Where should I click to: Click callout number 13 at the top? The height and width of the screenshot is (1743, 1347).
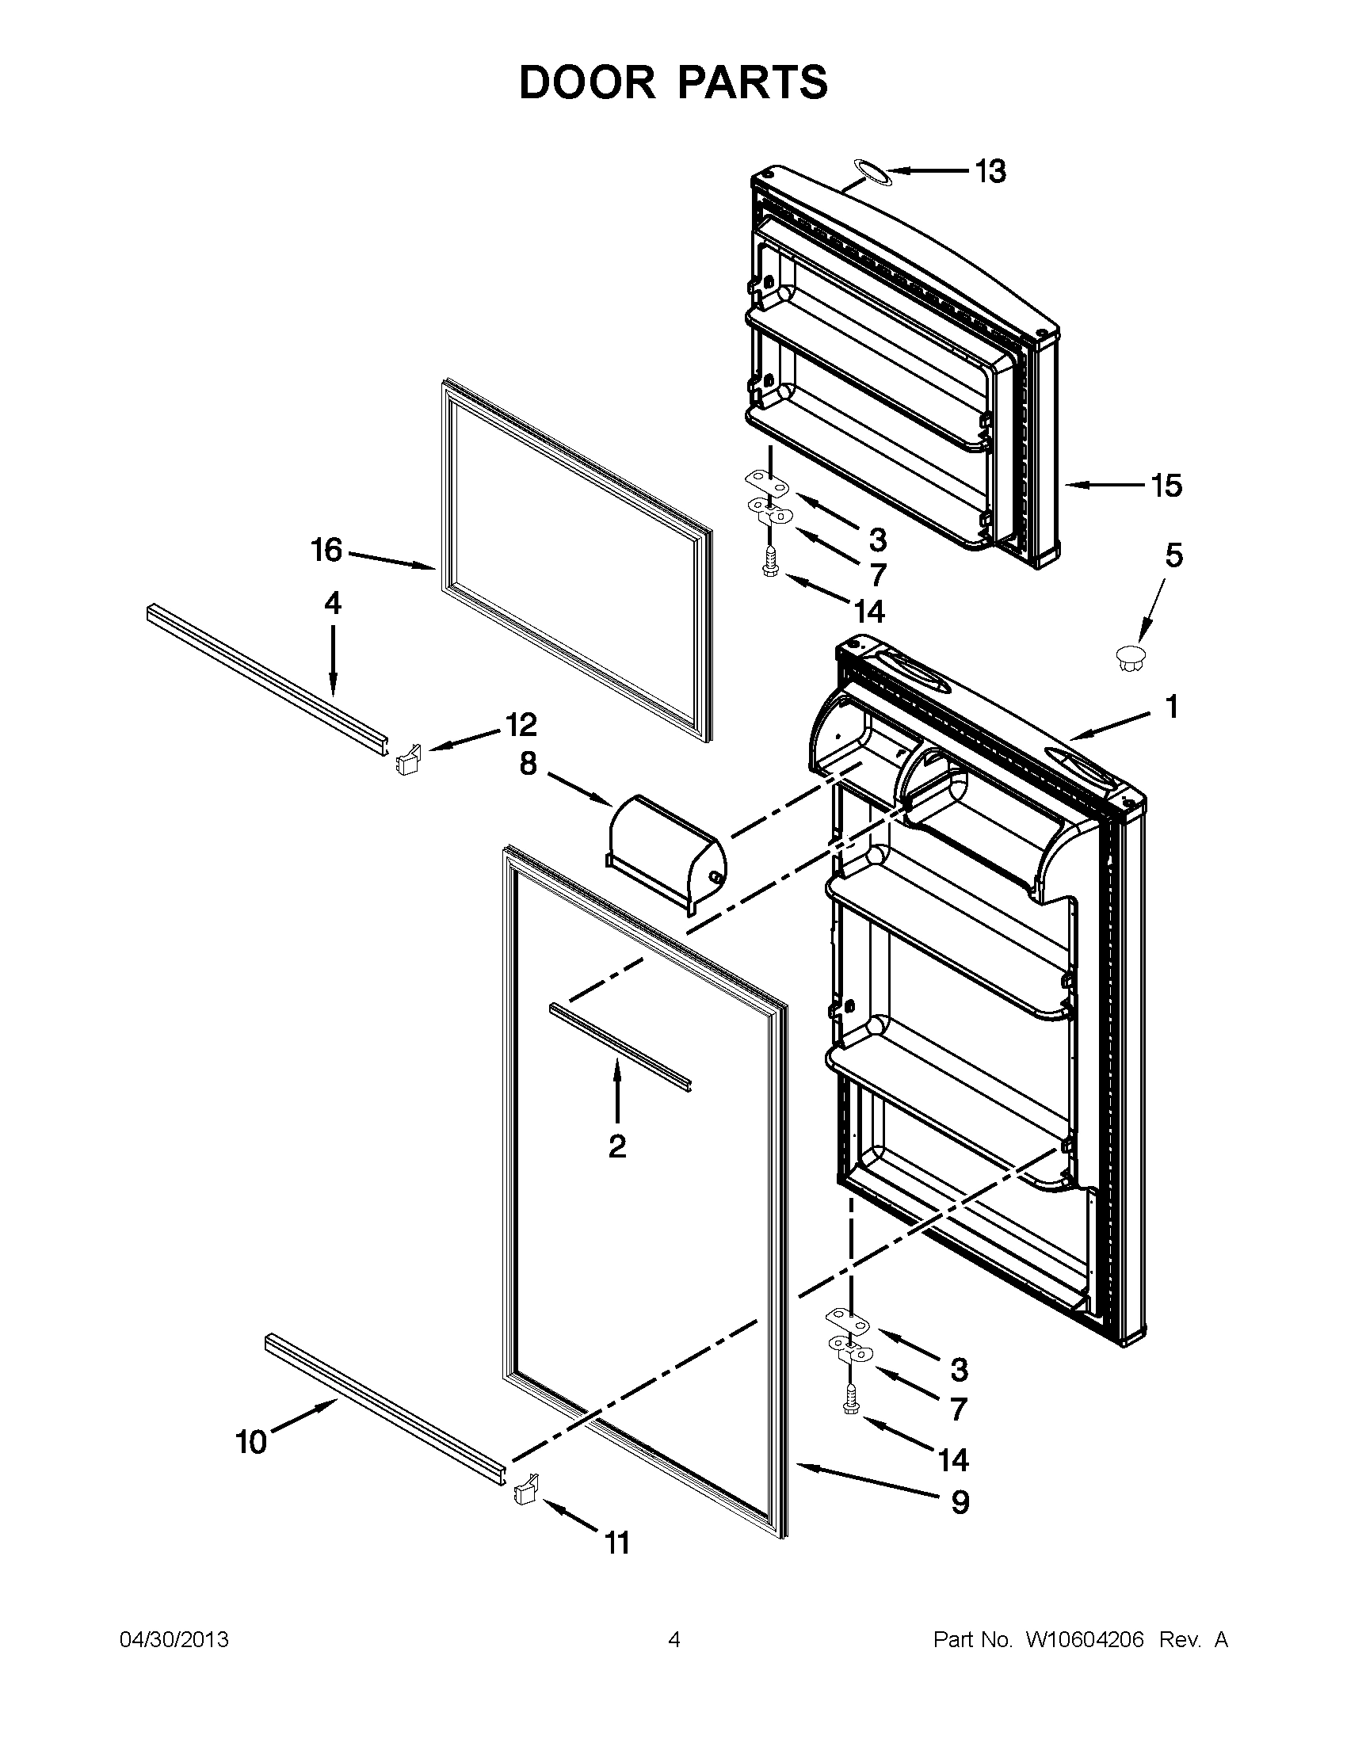point(991,171)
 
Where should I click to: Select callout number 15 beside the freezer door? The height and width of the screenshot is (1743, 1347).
point(1166,484)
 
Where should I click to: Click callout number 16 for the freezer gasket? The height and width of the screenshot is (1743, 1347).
point(326,550)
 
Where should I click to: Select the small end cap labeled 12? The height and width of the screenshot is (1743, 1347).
point(407,757)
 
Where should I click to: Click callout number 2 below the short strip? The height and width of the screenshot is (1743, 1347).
point(616,1147)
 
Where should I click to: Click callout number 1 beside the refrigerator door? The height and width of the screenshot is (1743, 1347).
point(1171,706)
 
